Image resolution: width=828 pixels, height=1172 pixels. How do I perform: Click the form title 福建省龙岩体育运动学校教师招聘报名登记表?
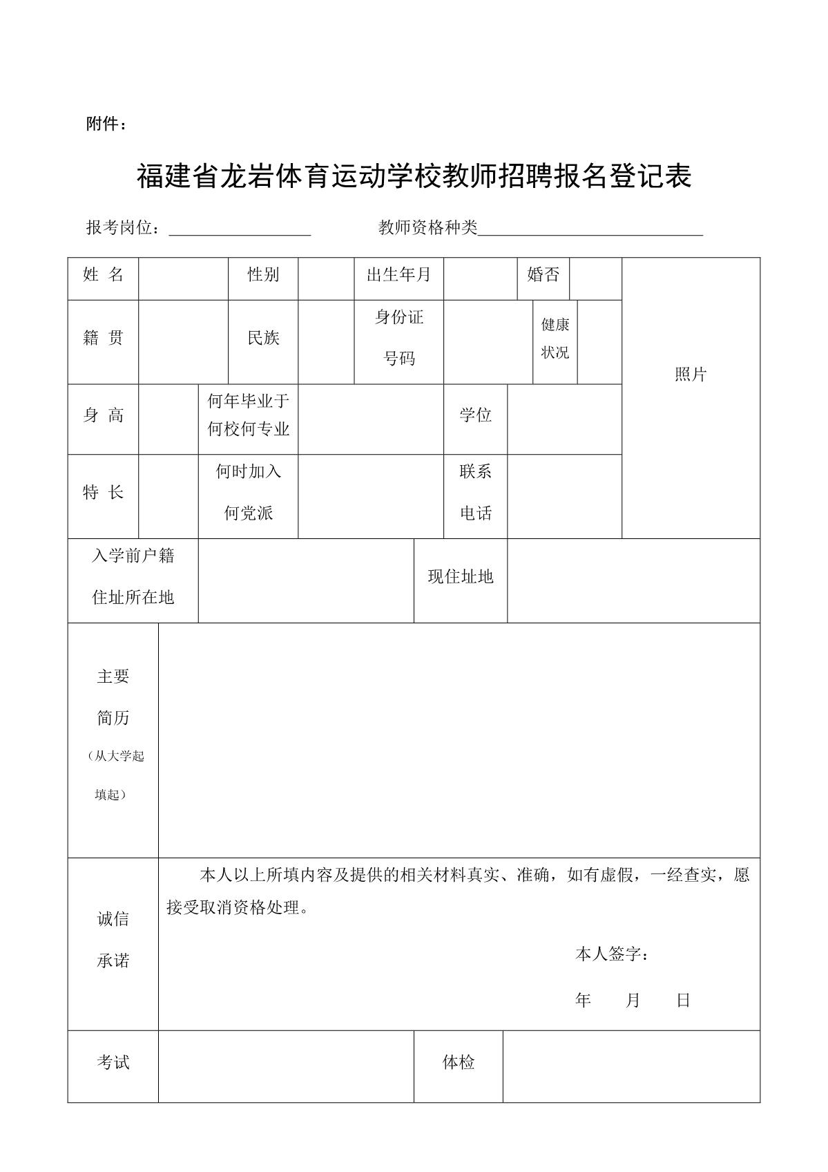coord(414,177)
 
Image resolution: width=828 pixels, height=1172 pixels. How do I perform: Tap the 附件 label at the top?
coord(106,124)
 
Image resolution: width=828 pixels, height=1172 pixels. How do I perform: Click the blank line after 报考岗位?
coord(240,229)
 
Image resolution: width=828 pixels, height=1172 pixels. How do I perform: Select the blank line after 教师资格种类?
coord(590,229)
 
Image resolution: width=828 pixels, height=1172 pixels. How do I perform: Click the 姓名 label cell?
coord(103,275)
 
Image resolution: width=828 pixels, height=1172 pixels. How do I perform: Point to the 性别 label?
coord(263,275)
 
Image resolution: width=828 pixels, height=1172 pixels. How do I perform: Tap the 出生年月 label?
coord(398,275)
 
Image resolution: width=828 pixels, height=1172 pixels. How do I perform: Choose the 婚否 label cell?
coord(543,275)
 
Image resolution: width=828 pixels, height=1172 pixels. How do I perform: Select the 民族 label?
coord(263,339)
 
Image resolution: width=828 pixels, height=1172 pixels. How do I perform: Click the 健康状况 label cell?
coord(555,339)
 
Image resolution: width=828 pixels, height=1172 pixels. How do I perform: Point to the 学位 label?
coord(475,415)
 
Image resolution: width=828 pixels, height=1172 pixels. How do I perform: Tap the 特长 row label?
coord(103,493)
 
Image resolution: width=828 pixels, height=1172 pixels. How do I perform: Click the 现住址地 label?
coord(460,577)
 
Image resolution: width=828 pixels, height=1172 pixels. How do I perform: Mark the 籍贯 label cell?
coord(103,339)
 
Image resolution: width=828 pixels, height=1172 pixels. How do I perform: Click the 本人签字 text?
coord(611,955)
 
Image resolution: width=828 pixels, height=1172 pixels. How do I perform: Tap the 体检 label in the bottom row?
coord(459,1063)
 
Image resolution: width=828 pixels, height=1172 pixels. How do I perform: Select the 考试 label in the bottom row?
coord(113,1063)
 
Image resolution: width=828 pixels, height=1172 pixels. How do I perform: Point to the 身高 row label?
coord(103,415)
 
